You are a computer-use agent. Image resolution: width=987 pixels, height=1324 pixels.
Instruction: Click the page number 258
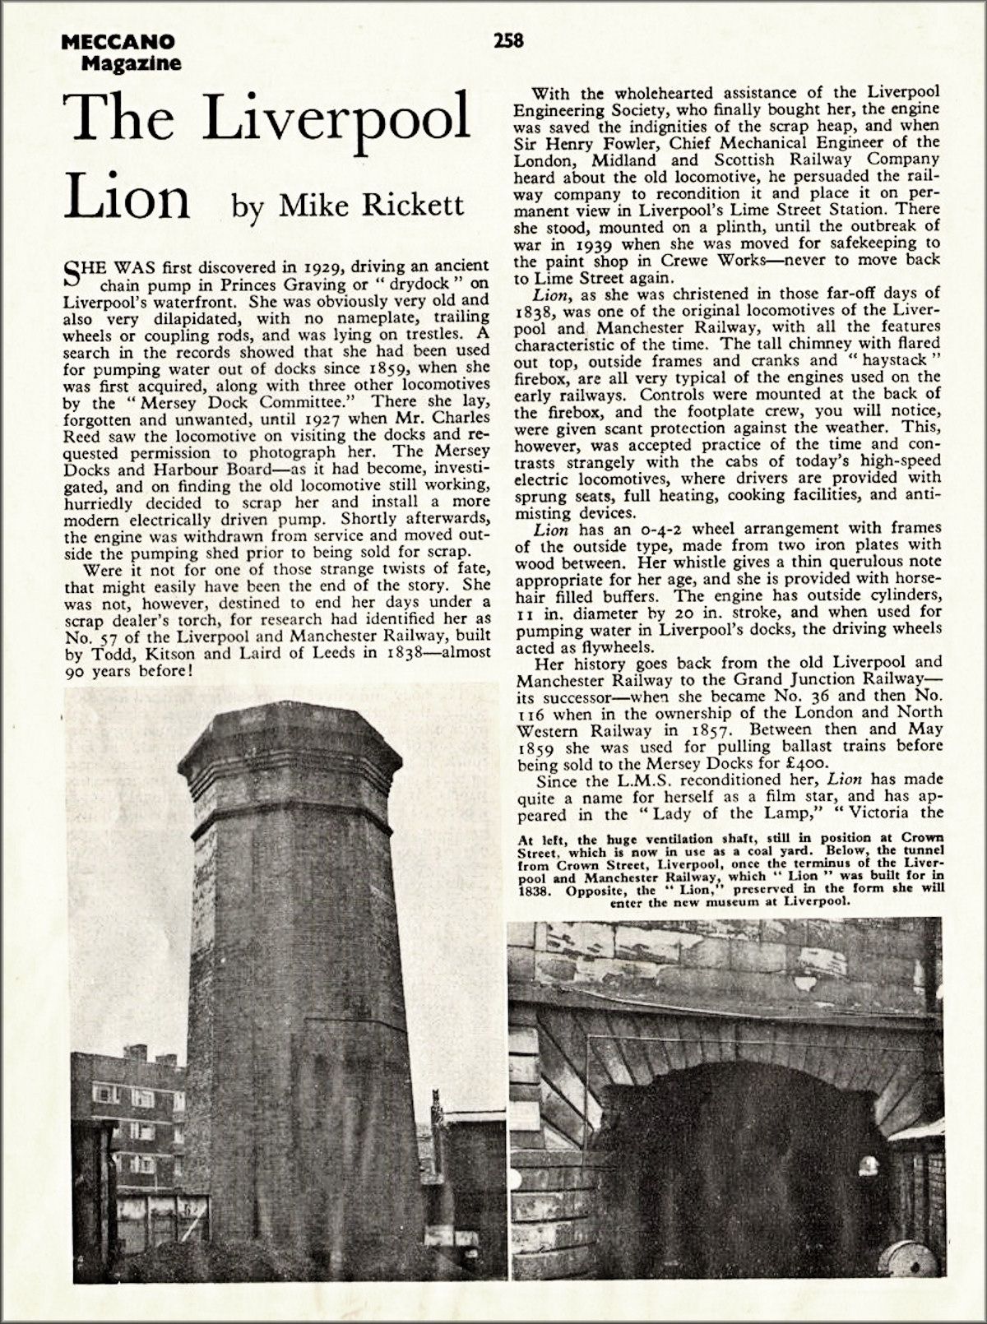(x=508, y=39)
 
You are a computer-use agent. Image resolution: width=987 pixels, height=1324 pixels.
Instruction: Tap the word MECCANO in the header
(x=117, y=42)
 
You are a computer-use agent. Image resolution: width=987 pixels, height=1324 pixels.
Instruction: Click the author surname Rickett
(x=410, y=204)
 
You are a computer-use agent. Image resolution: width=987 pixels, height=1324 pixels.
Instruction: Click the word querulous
(x=829, y=563)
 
